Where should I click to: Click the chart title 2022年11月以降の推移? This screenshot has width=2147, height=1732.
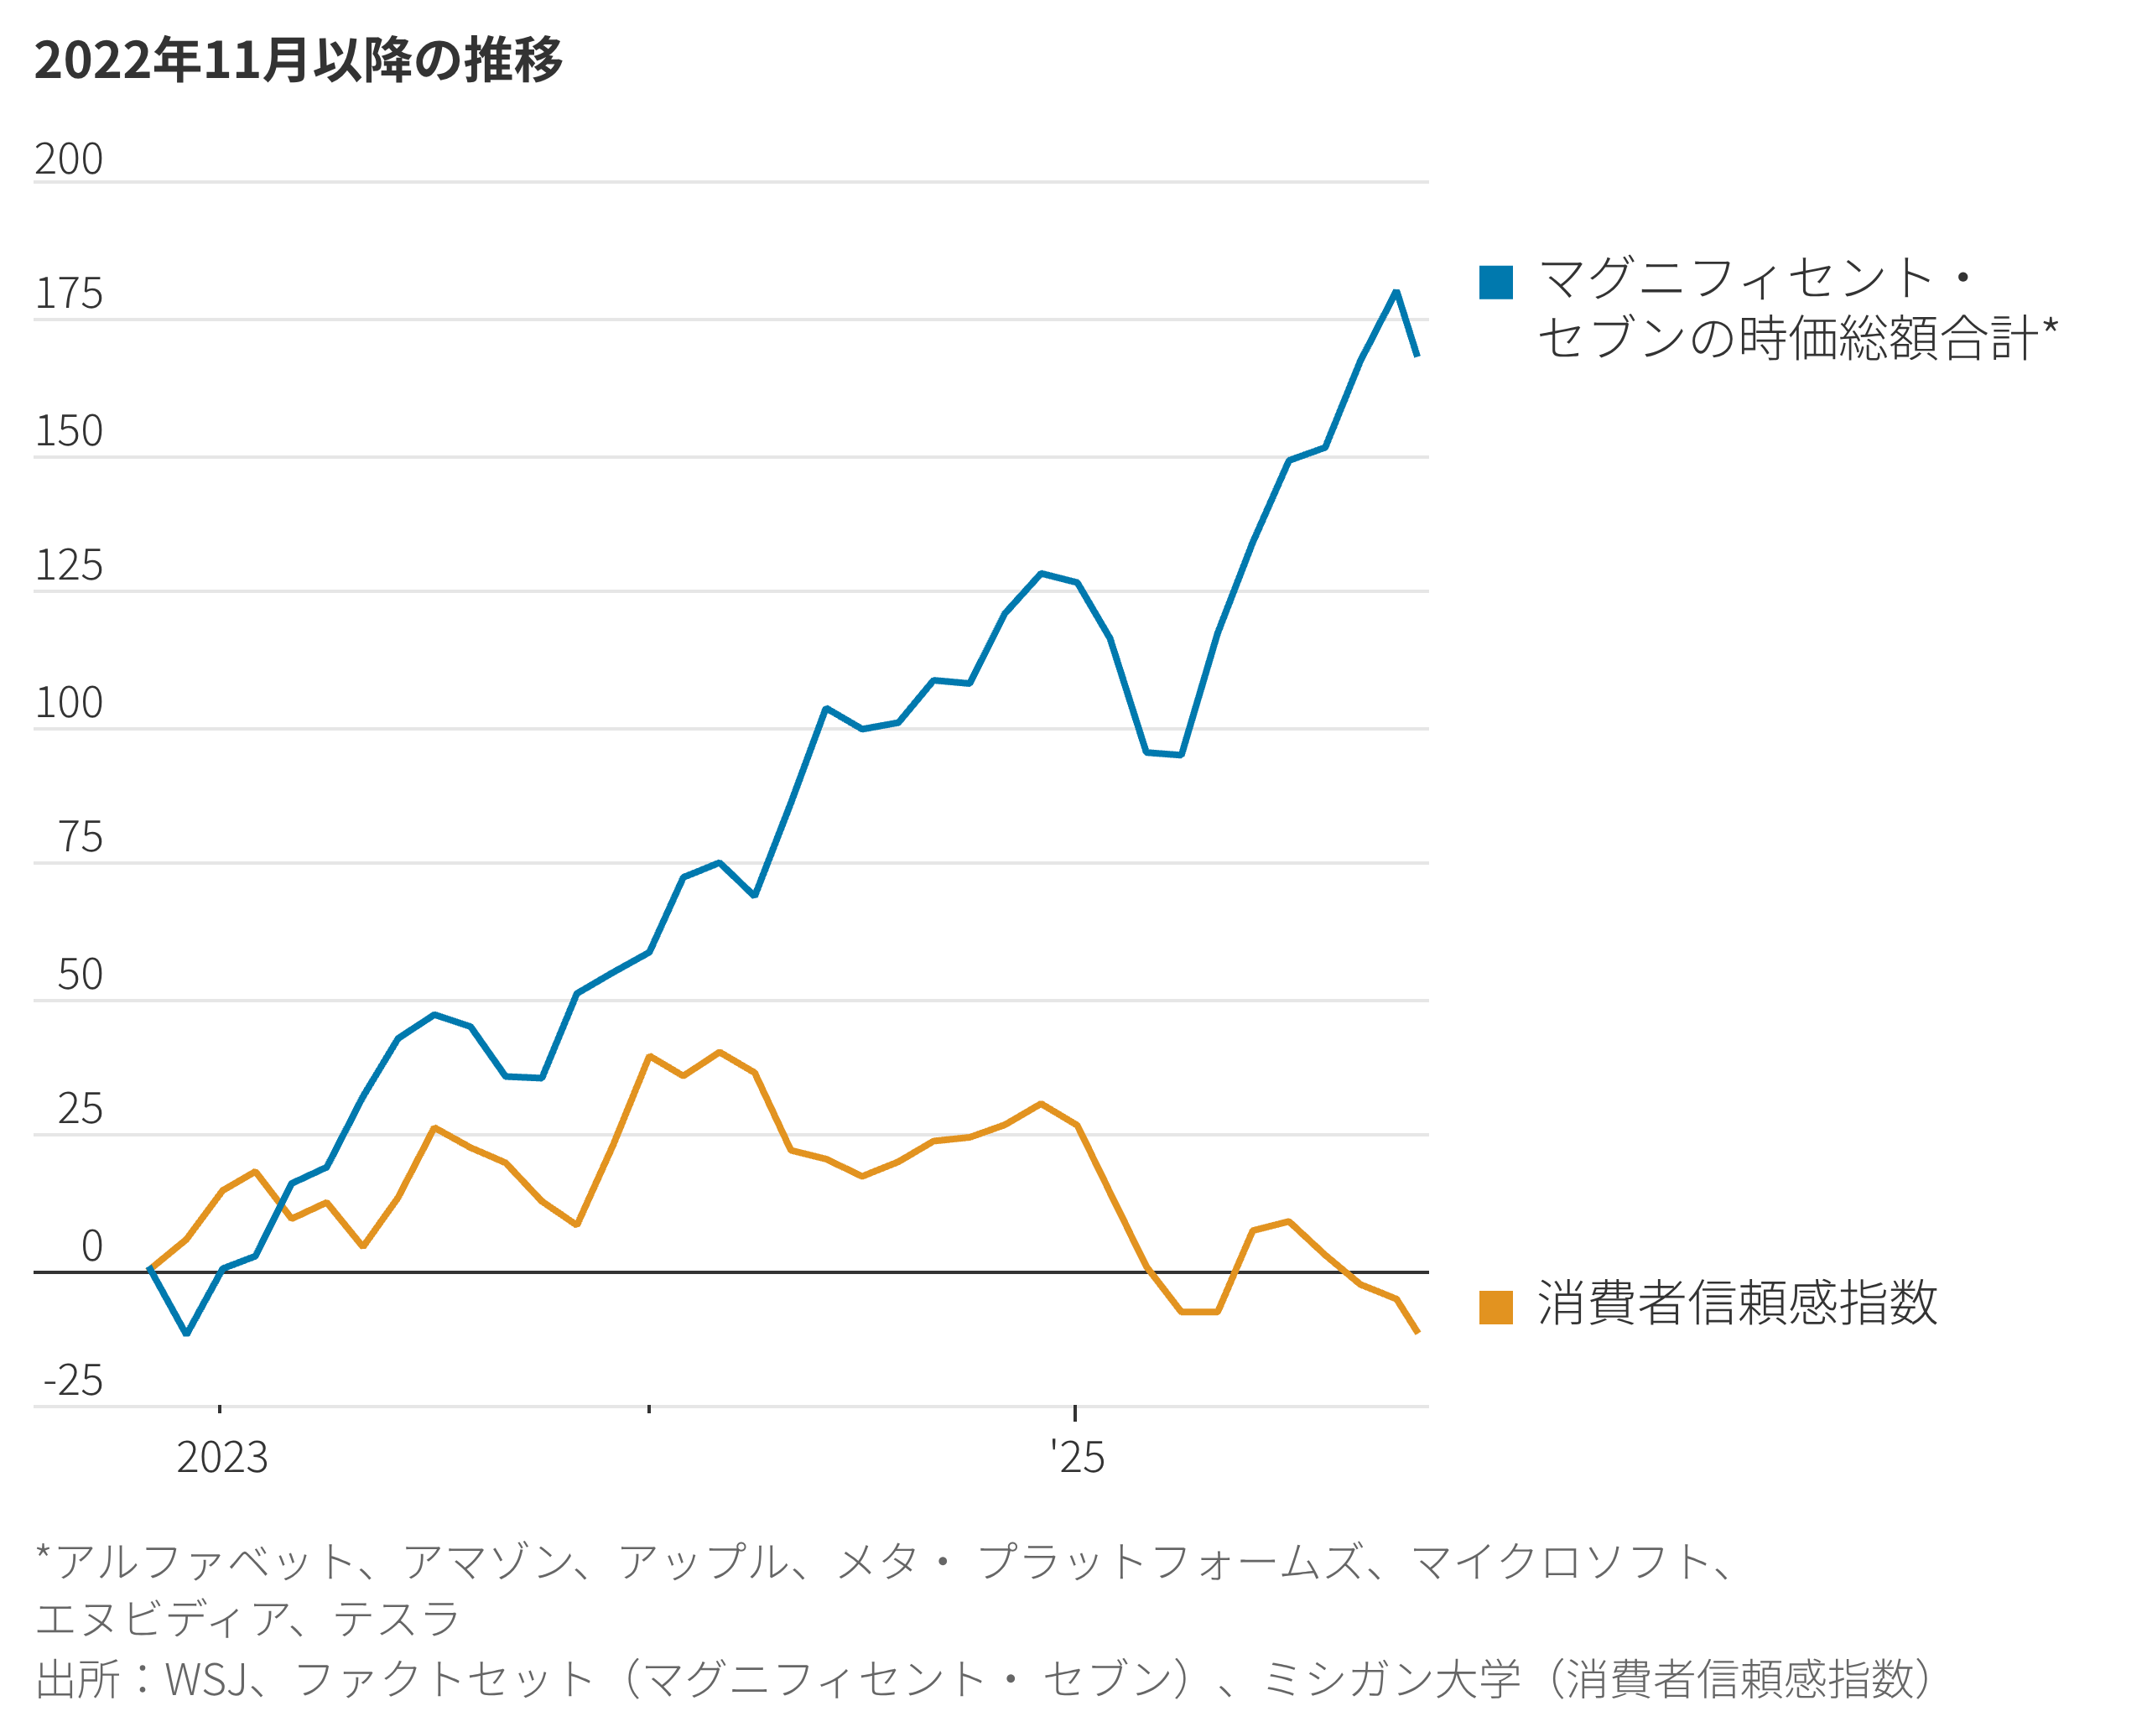point(299,60)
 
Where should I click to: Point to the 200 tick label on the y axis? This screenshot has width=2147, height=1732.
point(69,159)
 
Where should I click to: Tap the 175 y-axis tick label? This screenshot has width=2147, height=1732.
point(69,294)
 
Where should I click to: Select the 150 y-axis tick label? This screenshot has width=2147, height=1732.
point(69,431)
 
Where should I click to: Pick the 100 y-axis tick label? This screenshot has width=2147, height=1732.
point(69,704)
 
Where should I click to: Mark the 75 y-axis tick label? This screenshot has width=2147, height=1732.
point(80,837)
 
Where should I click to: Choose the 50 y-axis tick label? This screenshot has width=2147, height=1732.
point(80,975)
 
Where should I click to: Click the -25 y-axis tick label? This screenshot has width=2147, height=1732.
point(73,1381)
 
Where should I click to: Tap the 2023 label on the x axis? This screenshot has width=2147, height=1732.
point(221,1458)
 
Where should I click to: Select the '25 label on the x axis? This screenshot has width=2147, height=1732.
point(1078,1458)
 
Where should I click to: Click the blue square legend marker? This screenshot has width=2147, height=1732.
point(1495,283)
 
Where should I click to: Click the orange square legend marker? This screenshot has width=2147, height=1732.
point(1495,1307)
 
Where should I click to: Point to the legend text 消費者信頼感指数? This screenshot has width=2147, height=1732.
point(1737,1303)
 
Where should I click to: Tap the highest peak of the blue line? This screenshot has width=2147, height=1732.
point(1396,293)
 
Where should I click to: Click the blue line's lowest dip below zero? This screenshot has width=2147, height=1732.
point(186,1332)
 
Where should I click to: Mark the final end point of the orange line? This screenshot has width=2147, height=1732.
point(1417,1332)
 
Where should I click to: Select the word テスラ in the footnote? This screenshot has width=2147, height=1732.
point(396,1618)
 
